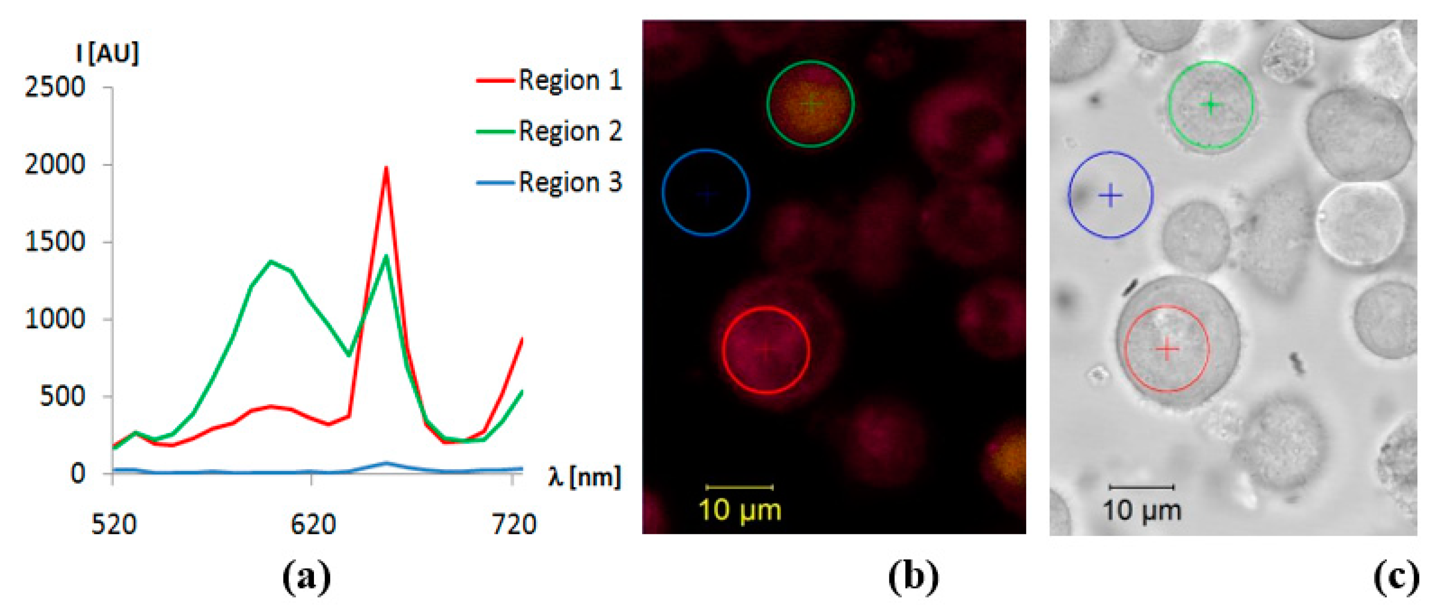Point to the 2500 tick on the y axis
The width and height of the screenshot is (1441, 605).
(55, 87)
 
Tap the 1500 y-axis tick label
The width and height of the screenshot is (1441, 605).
(55, 242)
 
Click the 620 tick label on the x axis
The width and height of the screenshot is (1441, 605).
(313, 524)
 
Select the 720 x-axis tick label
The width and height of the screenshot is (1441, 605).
(514, 524)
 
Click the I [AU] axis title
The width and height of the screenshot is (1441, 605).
(108, 53)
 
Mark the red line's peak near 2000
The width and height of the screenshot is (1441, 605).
(386, 167)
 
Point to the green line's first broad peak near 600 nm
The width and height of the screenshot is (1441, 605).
(271, 261)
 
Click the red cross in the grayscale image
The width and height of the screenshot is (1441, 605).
(1167, 349)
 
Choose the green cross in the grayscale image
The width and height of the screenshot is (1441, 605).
(1210, 105)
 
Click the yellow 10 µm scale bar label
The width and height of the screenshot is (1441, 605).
(739, 510)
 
